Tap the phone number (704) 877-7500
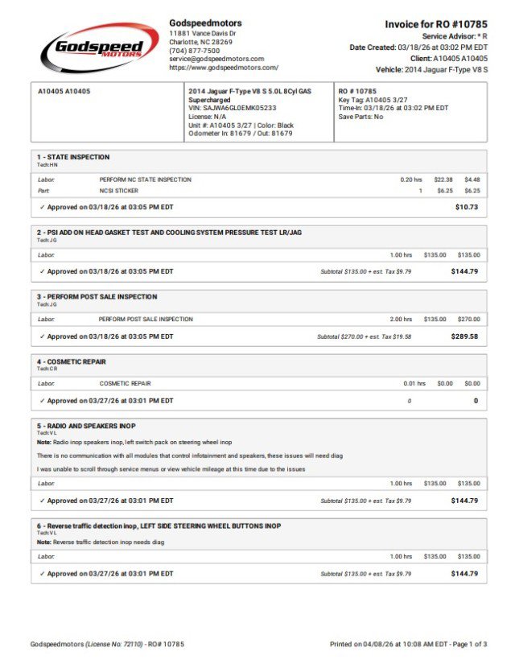[194, 51]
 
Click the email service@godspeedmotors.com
[216, 59]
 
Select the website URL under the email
[224, 68]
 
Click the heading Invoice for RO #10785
[436, 24]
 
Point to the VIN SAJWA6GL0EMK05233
[232, 108]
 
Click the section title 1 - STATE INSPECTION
[73, 157]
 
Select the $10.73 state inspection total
[466, 207]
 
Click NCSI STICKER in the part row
[119, 191]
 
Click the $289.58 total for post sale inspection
[464, 336]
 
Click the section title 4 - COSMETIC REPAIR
[72, 361]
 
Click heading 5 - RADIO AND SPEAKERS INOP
[86, 425]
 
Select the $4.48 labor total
[472, 179]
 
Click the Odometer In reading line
[240, 134]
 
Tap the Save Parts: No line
[360, 117]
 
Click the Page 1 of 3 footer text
[466, 645]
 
